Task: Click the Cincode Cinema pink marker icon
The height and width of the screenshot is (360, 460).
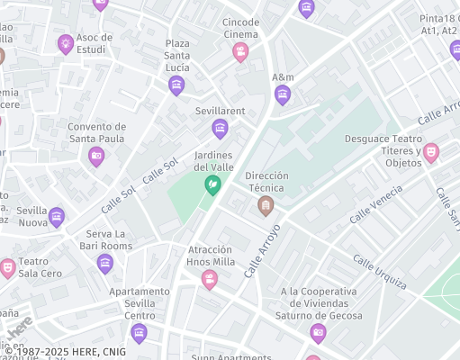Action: tap(240, 52)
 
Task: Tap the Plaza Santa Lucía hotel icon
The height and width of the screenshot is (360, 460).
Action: tap(176, 85)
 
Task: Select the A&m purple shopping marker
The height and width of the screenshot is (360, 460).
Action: tap(283, 94)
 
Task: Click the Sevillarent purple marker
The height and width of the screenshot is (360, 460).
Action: tap(220, 129)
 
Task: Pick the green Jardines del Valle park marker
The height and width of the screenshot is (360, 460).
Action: tap(213, 185)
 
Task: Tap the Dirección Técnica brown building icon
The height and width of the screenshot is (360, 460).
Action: tap(266, 206)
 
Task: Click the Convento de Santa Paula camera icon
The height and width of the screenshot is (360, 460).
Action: tap(96, 157)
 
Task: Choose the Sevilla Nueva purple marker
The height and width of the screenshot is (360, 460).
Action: tap(57, 217)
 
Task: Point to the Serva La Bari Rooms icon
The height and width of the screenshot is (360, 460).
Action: tap(105, 264)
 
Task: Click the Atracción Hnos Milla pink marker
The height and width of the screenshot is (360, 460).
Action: tap(210, 279)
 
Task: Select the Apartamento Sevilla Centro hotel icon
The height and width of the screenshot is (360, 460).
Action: tap(139, 334)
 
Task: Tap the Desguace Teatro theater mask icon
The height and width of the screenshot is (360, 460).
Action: tap(431, 152)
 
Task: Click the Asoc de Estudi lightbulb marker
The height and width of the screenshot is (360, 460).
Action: tap(66, 43)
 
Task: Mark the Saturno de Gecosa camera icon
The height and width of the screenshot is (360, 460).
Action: tap(318, 333)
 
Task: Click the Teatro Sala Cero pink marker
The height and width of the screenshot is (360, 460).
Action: tap(8, 267)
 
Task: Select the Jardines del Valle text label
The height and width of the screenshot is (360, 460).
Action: tap(213, 161)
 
